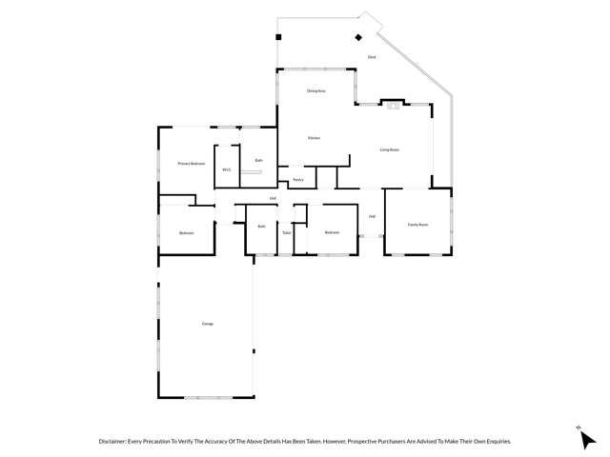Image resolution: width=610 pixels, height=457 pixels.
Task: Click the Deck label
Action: click(372, 57)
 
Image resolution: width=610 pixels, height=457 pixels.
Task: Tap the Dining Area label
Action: click(316, 91)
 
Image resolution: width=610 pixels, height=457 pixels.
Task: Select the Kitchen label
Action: click(314, 138)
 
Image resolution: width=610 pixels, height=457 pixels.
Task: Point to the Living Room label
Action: click(389, 149)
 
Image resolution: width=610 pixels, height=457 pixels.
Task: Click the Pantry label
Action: click(298, 179)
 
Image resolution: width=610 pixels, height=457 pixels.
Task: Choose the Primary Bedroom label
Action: click(192, 164)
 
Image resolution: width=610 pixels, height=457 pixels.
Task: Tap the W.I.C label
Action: click(226, 169)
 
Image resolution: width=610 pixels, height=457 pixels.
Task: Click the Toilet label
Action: click(286, 232)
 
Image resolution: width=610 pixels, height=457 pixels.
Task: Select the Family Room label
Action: click(417, 225)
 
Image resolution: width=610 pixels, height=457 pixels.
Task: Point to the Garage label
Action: click(207, 324)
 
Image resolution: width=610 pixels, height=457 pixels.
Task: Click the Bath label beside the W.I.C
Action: click(258, 160)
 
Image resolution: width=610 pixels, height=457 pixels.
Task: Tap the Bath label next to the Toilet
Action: click(261, 227)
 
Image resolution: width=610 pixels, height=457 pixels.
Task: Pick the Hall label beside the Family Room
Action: click(372, 217)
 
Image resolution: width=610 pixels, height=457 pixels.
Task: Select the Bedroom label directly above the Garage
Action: click(187, 233)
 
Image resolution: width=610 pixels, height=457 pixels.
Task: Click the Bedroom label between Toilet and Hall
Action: click(332, 232)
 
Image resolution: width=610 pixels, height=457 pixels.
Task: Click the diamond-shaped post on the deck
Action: click(358, 37)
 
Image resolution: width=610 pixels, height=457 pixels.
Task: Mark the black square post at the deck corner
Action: click(278, 37)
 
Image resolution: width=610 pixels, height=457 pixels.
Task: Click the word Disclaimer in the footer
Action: click(112, 442)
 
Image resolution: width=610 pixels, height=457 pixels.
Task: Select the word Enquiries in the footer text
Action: click(497, 442)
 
